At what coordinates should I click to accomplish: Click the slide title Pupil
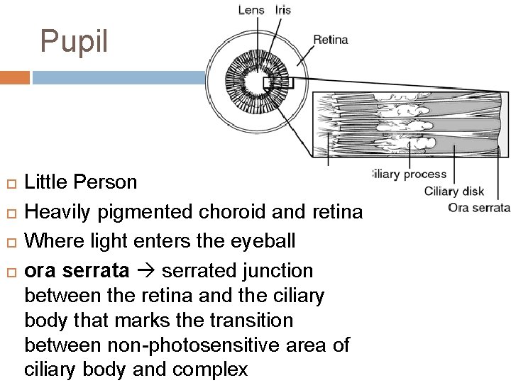click(x=74, y=41)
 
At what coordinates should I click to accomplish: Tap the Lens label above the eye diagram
click(x=250, y=10)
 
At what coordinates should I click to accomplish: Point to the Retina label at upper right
click(x=331, y=40)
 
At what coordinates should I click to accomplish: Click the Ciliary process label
click(x=410, y=174)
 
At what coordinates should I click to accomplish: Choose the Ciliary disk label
click(x=454, y=190)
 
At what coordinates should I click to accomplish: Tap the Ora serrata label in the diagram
click(x=479, y=208)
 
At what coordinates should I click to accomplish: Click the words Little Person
click(x=81, y=182)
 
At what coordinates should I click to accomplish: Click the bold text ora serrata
click(x=77, y=271)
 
